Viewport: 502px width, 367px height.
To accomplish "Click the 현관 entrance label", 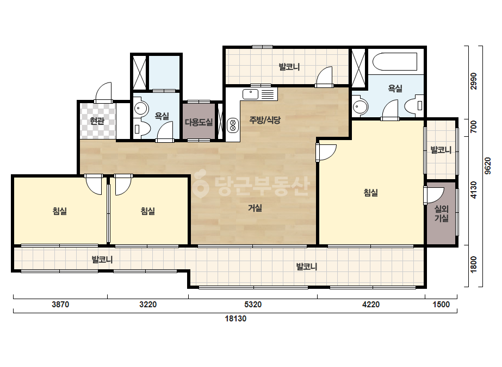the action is click(97, 121).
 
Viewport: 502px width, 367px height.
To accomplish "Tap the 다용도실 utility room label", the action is click(199, 122).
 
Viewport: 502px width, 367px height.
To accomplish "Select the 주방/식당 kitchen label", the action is click(265, 120).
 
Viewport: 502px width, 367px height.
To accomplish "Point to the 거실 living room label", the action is click(255, 208).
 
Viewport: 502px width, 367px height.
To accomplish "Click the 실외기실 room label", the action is click(441, 213).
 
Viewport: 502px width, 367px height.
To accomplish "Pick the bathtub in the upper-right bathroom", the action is click(395, 62).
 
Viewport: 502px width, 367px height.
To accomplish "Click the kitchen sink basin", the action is click(250, 94).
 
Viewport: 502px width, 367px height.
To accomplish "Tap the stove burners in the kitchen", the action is click(233, 125).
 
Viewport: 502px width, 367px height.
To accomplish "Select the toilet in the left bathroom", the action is click(142, 129).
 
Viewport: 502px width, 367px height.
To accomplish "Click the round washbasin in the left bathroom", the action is click(140, 109).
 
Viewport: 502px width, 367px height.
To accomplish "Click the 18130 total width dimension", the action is click(235, 319).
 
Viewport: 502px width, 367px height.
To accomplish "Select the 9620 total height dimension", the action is click(487, 166).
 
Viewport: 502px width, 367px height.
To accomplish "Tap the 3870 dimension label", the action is click(60, 305).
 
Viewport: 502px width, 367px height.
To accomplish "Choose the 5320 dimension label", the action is click(253, 305).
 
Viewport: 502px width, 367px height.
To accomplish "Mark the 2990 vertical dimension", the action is click(473, 81).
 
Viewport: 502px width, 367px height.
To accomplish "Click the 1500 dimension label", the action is click(441, 305).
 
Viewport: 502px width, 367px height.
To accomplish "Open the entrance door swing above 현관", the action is click(104, 92).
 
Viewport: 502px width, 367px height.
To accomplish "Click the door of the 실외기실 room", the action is click(434, 195).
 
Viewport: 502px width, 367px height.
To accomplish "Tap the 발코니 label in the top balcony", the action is click(289, 67).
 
